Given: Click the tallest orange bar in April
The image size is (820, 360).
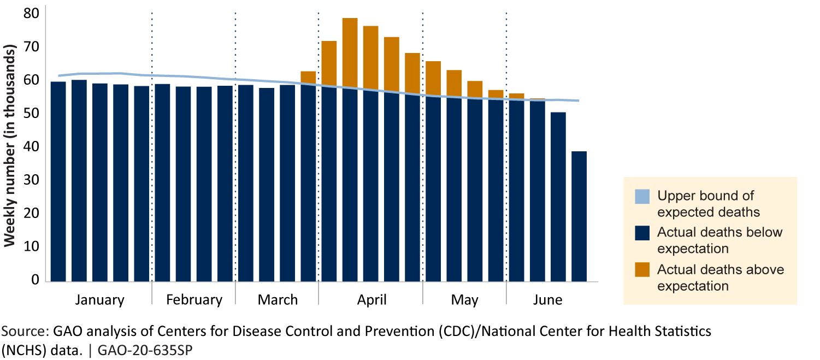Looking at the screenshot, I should click(350, 52).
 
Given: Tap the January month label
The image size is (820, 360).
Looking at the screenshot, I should click(100, 300).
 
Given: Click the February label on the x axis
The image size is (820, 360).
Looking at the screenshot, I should click(194, 300).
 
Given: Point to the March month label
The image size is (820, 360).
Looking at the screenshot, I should click(278, 300).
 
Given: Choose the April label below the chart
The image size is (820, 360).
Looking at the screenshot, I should click(371, 300).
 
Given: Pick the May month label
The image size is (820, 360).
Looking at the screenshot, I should click(465, 300).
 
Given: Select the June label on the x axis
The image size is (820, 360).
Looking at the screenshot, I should click(547, 300).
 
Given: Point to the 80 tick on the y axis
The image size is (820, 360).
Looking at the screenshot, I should click(32, 13).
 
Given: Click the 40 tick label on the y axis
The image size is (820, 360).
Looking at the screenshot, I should click(32, 147).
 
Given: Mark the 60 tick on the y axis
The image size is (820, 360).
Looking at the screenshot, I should click(32, 80).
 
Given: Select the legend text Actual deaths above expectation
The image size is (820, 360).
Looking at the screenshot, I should click(720, 278).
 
